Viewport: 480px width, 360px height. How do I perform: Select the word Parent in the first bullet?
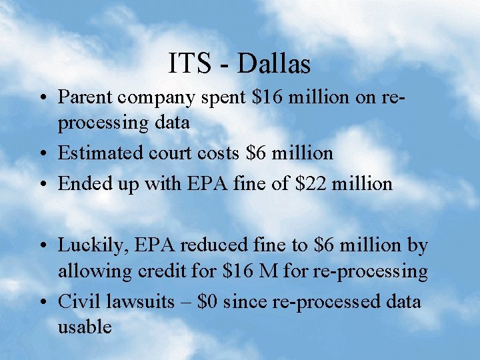85,97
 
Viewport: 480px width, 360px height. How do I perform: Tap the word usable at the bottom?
85,327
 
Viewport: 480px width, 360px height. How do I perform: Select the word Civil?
77,302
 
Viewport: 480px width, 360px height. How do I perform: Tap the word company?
157,99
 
